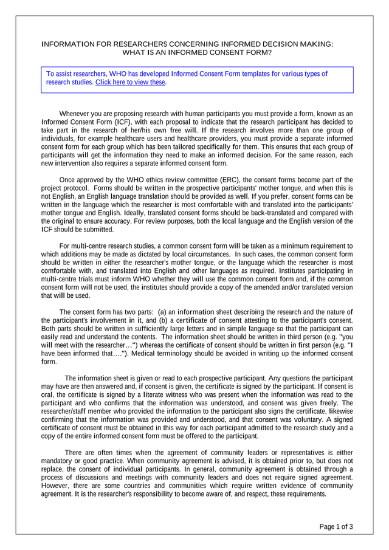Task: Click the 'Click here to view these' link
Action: [x=130, y=83]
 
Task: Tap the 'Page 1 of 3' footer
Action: [x=336, y=527]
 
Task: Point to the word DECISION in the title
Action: [x=281, y=44]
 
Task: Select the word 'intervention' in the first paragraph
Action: [x=74, y=163]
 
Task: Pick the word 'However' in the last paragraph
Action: [x=55, y=486]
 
